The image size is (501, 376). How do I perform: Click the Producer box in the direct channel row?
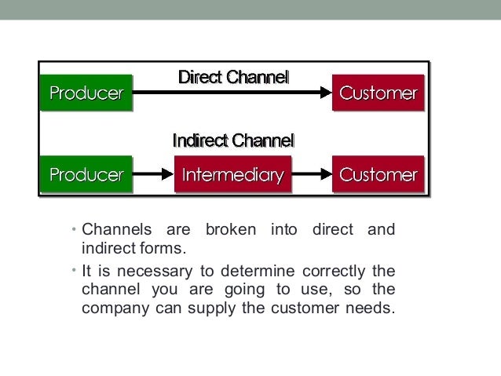[x=86, y=94]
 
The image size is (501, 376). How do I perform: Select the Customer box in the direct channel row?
[x=378, y=94]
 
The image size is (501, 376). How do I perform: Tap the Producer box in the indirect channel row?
[x=86, y=173]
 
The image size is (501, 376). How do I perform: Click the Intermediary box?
[x=232, y=173]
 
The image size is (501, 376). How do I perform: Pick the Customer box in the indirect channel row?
[x=378, y=173]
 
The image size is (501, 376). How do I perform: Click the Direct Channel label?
[x=233, y=78]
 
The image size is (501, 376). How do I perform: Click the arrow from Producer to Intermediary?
[x=153, y=173]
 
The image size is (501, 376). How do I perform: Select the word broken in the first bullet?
[x=232, y=231]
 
